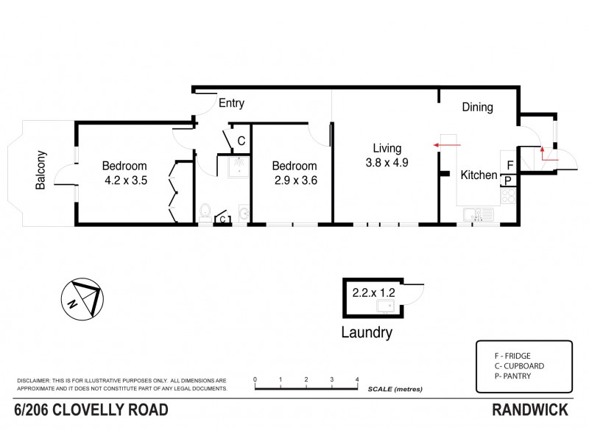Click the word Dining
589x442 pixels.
pyautogui.click(x=477, y=108)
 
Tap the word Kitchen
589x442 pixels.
pyautogui.click(x=479, y=175)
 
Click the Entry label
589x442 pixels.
pyautogui.click(x=231, y=103)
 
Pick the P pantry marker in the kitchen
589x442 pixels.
pyautogui.click(x=509, y=180)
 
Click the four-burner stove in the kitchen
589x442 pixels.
pyautogui.click(x=509, y=196)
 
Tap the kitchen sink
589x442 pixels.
pyautogui.click(x=477, y=215)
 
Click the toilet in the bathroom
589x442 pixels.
pyautogui.click(x=205, y=213)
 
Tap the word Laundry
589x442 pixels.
pyautogui.click(x=366, y=333)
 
